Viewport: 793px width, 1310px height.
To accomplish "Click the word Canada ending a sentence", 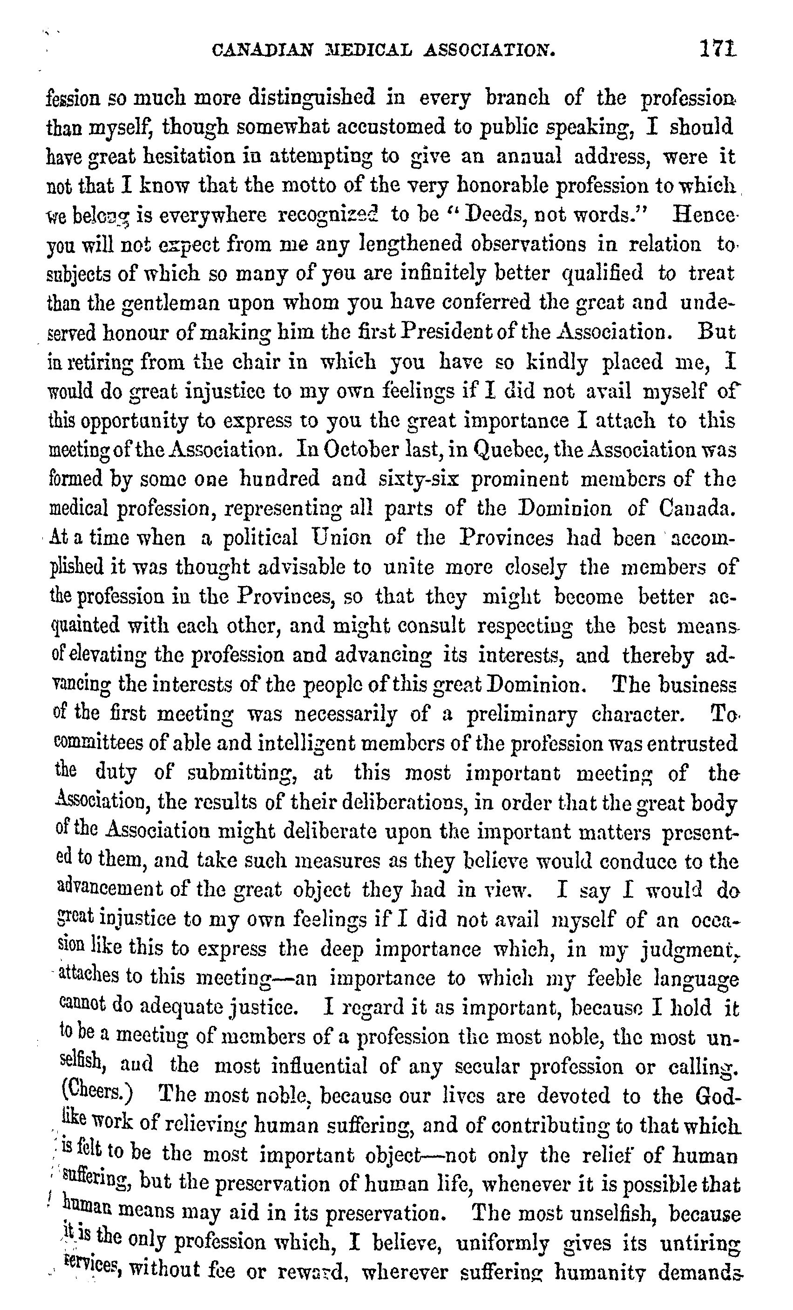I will (x=697, y=509).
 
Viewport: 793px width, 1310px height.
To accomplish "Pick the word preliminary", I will (x=522, y=715).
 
